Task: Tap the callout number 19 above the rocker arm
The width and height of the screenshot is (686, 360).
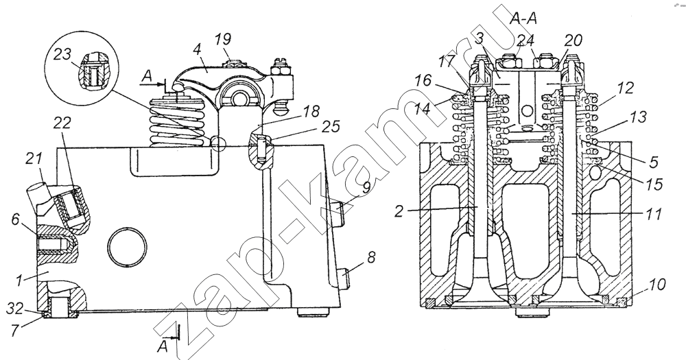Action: point(223,39)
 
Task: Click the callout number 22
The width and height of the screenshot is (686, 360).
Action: point(62,123)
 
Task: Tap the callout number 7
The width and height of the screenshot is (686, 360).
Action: point(15,331)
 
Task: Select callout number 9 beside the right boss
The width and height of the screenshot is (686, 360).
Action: point(366,187)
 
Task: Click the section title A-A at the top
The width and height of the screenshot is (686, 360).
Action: point(523,19)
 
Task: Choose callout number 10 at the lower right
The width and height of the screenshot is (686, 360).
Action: point(657,285)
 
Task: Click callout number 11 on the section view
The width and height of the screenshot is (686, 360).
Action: point(653,215)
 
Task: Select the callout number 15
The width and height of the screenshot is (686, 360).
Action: point(654,184)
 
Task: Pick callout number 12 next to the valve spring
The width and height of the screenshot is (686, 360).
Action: point(626,88)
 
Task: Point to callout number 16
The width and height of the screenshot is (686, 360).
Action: point(423,81)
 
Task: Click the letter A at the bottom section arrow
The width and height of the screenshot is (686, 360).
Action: point(163,347)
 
